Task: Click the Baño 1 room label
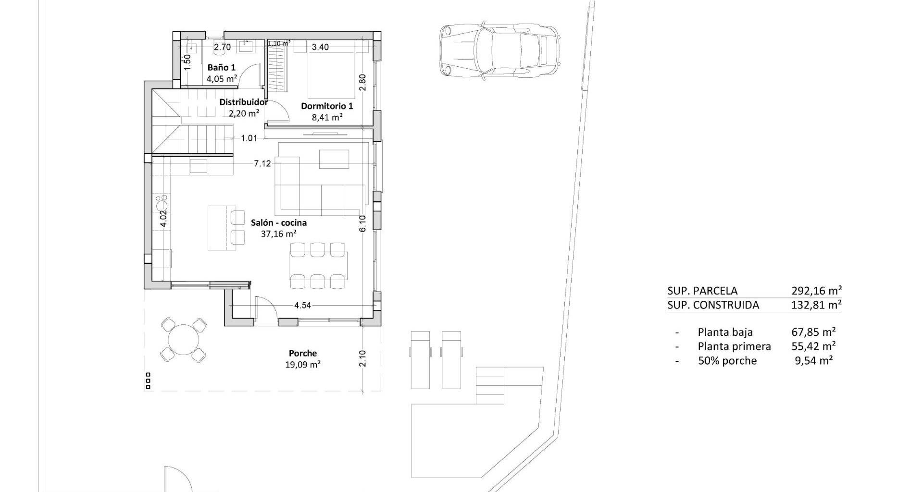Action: [221, 67]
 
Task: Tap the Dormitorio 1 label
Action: [327, 106]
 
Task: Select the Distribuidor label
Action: [244, 102]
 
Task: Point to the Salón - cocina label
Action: [279, 222]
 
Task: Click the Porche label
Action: [303, 353]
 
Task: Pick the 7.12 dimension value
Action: [262, 163]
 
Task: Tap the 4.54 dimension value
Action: [303, 305]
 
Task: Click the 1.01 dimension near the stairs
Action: [249, 138]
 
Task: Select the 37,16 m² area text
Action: [278, 234]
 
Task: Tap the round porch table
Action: [184, 339]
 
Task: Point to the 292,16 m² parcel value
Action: [816, 291]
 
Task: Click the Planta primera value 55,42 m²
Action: [813, 346]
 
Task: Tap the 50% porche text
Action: [727, 361]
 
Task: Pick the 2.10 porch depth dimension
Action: [362, 358]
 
